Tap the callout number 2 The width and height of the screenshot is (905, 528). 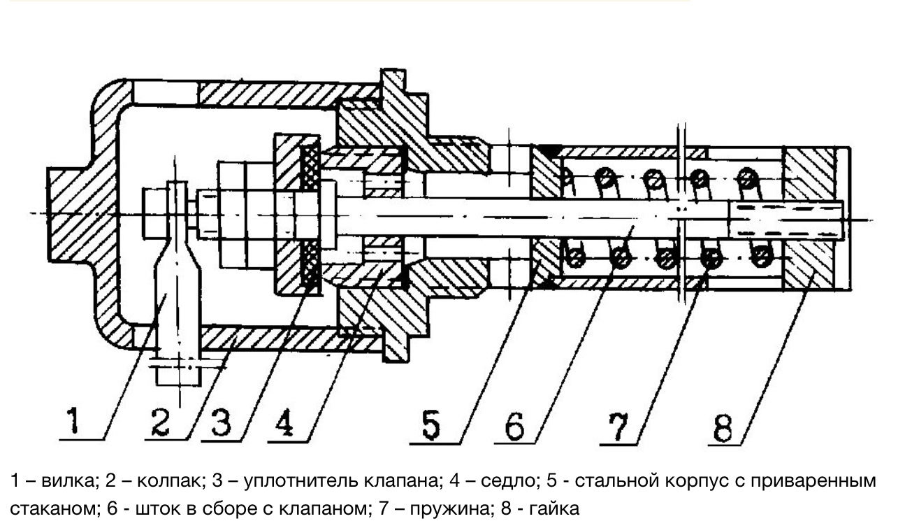(x=164, y=423)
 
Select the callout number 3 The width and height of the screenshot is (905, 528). (x=222, y=423)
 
